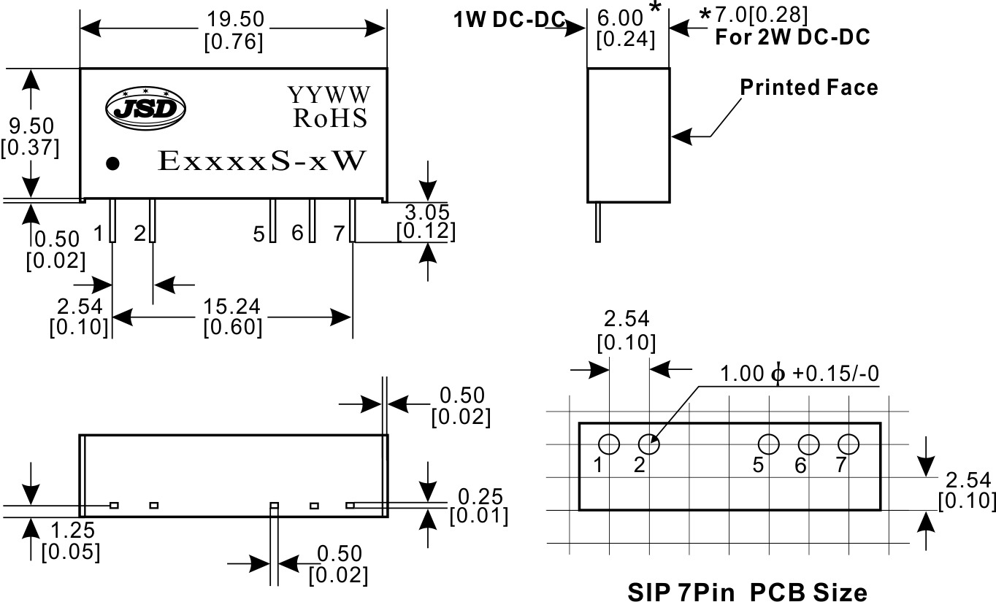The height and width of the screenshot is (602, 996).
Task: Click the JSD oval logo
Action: click(145, 108)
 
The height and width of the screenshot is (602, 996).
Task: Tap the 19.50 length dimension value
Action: click(235, 19)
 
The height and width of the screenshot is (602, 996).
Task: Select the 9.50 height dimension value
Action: click(31, 126)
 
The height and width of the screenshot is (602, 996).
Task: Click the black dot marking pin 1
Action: click(113, 163)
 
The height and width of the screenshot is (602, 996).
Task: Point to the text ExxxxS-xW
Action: click(262, 161)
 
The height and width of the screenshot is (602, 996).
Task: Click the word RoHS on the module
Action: click(330, 118)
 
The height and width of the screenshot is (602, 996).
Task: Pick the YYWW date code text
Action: click(329, 95)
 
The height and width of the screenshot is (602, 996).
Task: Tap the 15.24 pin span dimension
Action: click(231, 306)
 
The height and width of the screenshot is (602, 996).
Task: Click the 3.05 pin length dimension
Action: click(427, 212)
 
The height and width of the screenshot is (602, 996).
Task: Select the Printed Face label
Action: click(809, 87)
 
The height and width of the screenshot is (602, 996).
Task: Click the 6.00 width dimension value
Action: click(620, 19)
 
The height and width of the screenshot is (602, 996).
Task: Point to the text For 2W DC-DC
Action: click(792, 37)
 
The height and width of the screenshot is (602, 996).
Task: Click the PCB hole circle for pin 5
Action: click(768, 444)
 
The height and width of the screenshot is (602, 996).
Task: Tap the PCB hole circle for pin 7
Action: click(848, 444)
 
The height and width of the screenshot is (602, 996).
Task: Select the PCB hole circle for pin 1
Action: click(609, 444)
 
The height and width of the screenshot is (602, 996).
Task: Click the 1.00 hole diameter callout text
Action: click(800, 374)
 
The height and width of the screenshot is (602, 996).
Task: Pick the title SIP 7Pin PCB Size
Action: click(748, 593)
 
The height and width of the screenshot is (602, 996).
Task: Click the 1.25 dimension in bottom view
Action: click(72, 530)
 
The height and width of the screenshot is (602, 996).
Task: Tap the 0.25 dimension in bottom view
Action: click(480, 497)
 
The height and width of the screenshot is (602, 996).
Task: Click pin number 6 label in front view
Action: click(297, 233)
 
